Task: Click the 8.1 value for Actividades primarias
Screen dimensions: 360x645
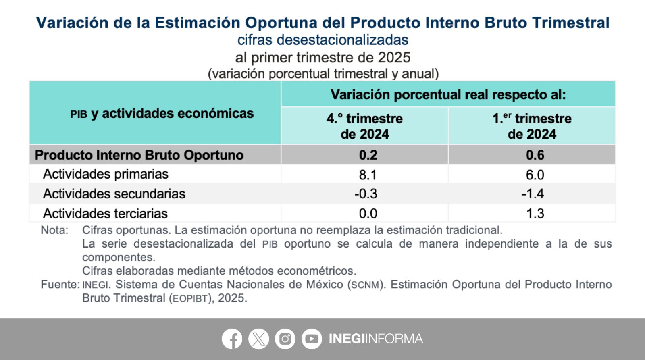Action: [x=367, y=175]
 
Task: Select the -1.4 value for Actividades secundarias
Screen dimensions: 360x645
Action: [x=533, y=194]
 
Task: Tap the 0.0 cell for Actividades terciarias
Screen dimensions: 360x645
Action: [x=368, y=213]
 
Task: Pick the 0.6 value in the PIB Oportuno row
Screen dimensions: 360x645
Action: [x=535, y=155]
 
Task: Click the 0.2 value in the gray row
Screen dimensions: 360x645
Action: [x=368, y=155]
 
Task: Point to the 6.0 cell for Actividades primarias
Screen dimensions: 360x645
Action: [x=535, y=175]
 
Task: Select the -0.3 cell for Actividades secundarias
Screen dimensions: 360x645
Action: [x=366, y=194]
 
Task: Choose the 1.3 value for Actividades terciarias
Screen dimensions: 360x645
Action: [x=535, y=213]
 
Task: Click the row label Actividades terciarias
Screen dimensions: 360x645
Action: [x=105, y=213]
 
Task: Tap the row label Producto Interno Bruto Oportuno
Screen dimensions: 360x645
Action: [x=139, y=155]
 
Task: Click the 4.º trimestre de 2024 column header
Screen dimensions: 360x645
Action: [x=364, y=126]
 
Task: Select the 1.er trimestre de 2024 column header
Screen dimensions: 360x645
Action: [x=532, y=126]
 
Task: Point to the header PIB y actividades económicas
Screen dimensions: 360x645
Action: [x=162, y=114]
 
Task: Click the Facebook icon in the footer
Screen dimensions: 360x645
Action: [x=232, y=339]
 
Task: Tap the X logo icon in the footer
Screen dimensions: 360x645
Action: [x=258, y=339]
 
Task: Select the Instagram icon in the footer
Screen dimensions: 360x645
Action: [x=285, y=339]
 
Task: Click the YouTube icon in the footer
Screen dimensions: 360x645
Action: [x=312, y=339]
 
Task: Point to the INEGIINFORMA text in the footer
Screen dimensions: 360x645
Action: [x=376, y=339]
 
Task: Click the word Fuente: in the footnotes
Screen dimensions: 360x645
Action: [x=60, y=285]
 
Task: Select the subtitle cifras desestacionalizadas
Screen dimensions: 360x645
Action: [x=322, y=40]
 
